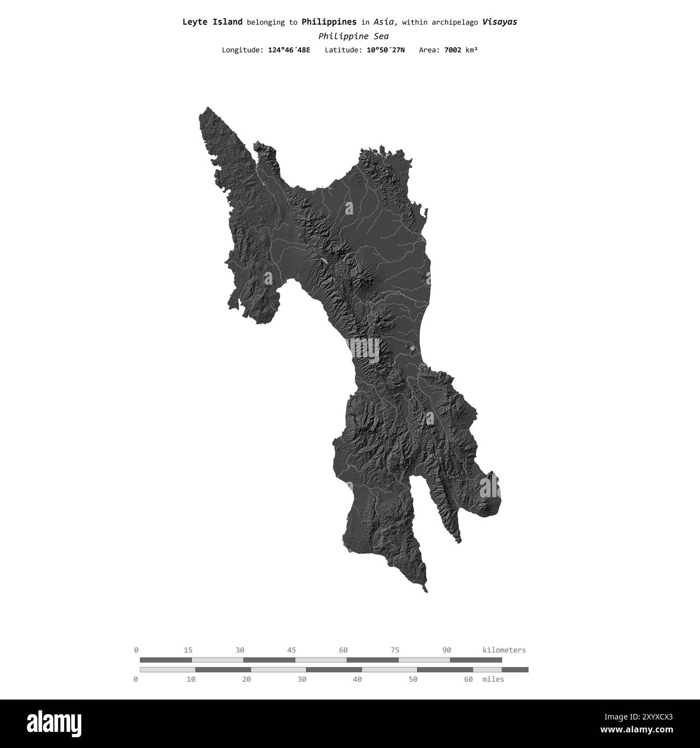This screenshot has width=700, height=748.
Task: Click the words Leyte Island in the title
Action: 212,22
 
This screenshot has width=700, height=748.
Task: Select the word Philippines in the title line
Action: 328,22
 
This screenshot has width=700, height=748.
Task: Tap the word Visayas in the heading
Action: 499,22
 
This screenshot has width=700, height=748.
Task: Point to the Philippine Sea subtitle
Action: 353,37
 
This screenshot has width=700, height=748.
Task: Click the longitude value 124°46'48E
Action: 289,50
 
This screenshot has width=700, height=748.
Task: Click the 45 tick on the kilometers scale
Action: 291,650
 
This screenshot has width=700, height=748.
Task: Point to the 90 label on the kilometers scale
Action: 446,650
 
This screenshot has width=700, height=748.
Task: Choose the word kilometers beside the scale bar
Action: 504,650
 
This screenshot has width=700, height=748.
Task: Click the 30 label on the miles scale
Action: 302,680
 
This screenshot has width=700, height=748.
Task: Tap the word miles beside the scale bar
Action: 493,680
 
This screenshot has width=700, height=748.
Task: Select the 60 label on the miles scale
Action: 468,680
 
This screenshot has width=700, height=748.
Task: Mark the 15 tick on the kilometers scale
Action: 188,650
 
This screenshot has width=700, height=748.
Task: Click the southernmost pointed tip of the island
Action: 426,591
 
